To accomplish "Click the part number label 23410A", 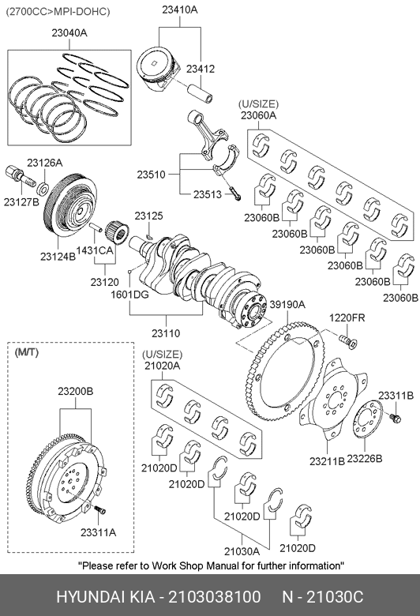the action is tap(180, 9).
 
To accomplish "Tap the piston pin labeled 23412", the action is tap(201, 93).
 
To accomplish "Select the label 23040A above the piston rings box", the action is tap(69, 33).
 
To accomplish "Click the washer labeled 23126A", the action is tap(43, 189).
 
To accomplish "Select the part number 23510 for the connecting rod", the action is tap(151, 175).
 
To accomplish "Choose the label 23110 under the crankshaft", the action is tap(166, 333).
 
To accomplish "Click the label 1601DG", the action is tap(129, 295).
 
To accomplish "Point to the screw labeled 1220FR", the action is tap(348, 340).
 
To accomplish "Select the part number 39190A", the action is tap(287, 305).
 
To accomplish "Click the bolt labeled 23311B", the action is tap(395, 418).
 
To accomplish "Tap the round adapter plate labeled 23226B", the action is tap(368, 419).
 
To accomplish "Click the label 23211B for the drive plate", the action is tap(327, 461).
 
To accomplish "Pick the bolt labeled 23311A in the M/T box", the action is tap(99, 509).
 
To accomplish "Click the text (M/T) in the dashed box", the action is tap(27, 353).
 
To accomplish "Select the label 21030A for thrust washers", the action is tap(242, 551).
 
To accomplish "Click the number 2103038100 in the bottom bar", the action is tap(215, 597).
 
